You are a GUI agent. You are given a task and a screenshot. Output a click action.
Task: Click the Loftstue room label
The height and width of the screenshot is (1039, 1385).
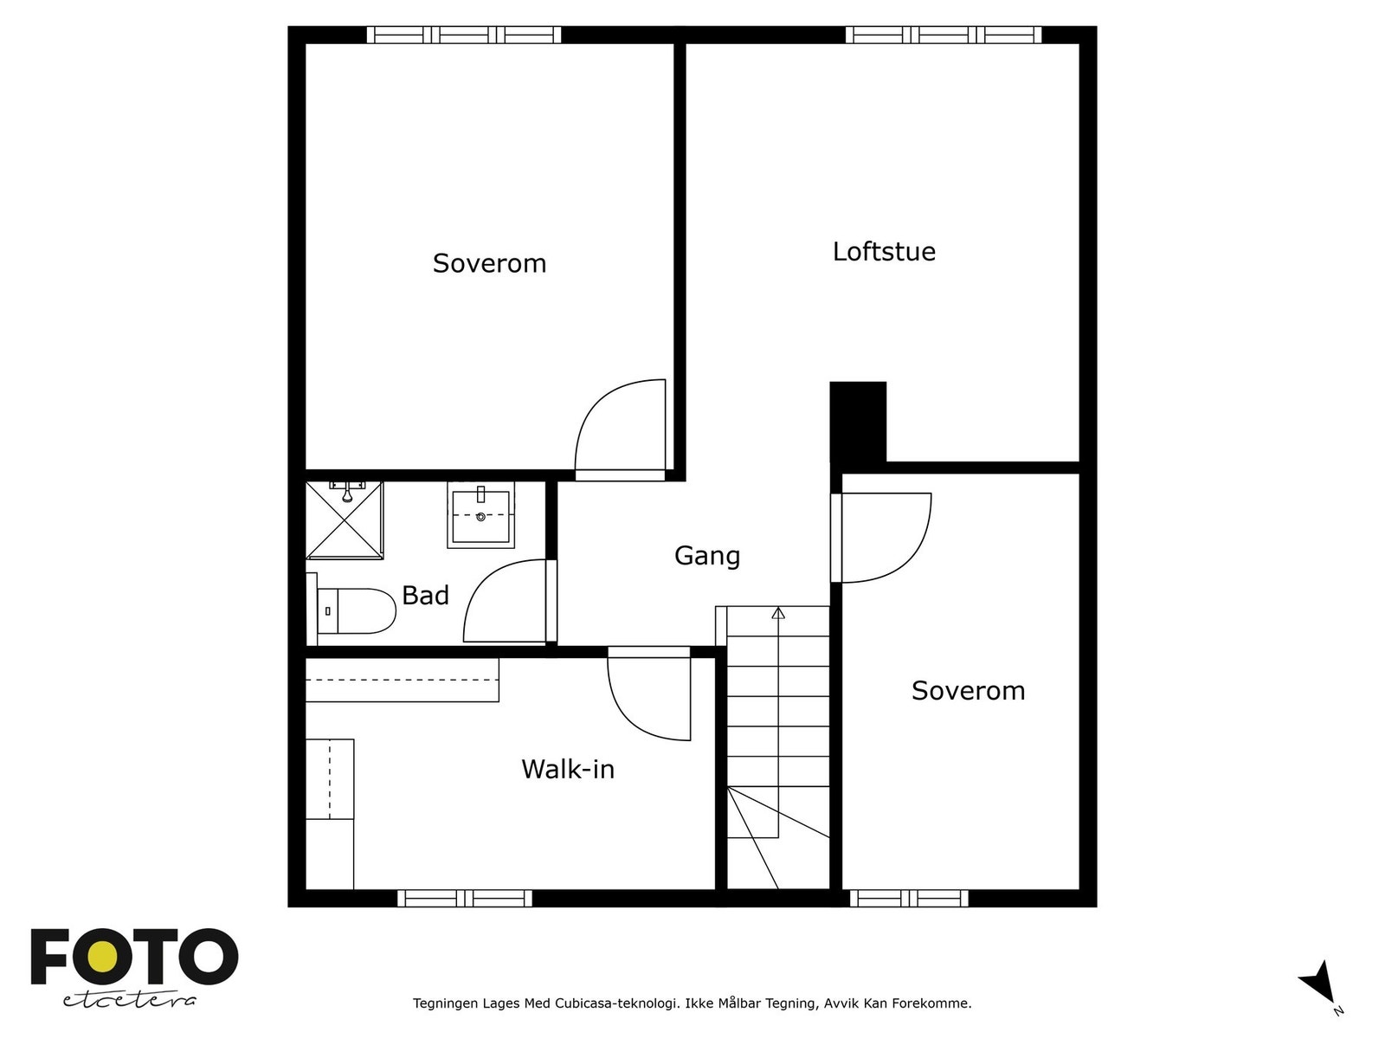[x=884, y=252]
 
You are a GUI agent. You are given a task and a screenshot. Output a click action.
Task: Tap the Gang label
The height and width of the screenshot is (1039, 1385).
[x=707, y=556]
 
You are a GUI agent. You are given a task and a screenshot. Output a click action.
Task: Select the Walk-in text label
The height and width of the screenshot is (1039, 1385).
[x=568, y=769]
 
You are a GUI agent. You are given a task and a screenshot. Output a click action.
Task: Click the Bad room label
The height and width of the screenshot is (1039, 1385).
[x=425, y=596]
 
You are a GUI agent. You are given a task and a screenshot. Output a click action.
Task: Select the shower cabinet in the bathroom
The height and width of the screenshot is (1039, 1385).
[x=345, y=520]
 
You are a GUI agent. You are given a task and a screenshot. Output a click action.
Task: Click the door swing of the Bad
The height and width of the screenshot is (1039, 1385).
[x=502, y=602]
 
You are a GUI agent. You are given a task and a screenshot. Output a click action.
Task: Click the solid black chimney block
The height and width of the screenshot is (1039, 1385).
[x=857, y=423]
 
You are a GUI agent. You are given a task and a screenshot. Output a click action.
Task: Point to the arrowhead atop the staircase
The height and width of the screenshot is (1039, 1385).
[x=778, y=613]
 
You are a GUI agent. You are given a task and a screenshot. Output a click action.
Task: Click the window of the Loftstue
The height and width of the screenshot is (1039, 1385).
[x=943, y=35]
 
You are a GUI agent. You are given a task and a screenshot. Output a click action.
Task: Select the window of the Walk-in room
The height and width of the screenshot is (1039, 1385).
[x=465, y=898]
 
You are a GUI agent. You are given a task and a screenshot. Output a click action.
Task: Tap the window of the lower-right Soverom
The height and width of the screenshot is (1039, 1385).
[x=909, y=898]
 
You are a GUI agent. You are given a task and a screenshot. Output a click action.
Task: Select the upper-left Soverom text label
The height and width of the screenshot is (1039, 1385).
[x=489, y=263]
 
